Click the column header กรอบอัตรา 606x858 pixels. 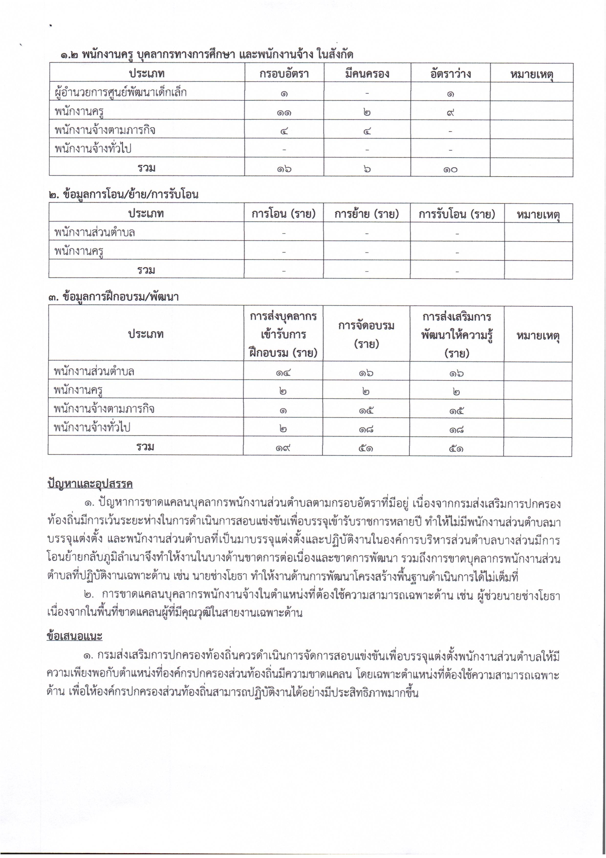pyautogui.click(x=284, y=73)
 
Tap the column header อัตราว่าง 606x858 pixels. pyautogui.click(x=450, y=73)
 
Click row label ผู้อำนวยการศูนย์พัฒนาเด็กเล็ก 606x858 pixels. pyautogui.click(x=120, y=92)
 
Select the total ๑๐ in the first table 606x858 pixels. pyautogui.click(x=450, y=169)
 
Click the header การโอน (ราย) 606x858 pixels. pyautogui.click(x=283, y=214)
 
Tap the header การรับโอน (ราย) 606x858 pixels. pyautogui.click(x=457, y=214)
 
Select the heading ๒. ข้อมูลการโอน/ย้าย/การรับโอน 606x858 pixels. pyautogui.click(x=123, y=194)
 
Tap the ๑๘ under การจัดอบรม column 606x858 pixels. pyautogui.click(x=366, y=429)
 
